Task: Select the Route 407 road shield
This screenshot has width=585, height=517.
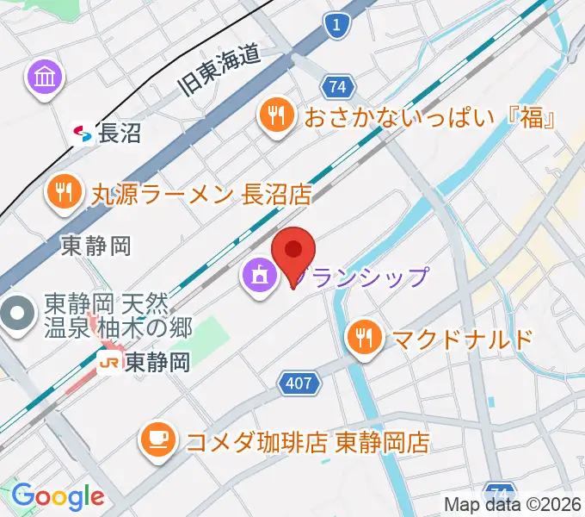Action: (299, 384)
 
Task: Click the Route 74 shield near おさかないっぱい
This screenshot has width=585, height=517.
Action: (337, 86)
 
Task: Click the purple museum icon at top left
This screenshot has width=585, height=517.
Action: (44, 78)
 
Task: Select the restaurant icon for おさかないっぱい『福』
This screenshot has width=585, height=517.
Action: (276, 115)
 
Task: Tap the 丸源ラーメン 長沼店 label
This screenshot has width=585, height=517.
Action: (201, 193)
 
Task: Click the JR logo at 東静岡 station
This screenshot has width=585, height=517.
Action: (109, 363)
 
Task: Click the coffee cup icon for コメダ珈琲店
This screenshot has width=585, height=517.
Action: (157, 442)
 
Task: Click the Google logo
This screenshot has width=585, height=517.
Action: (58, 495)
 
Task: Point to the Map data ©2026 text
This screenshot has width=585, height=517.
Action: (513, 504)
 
